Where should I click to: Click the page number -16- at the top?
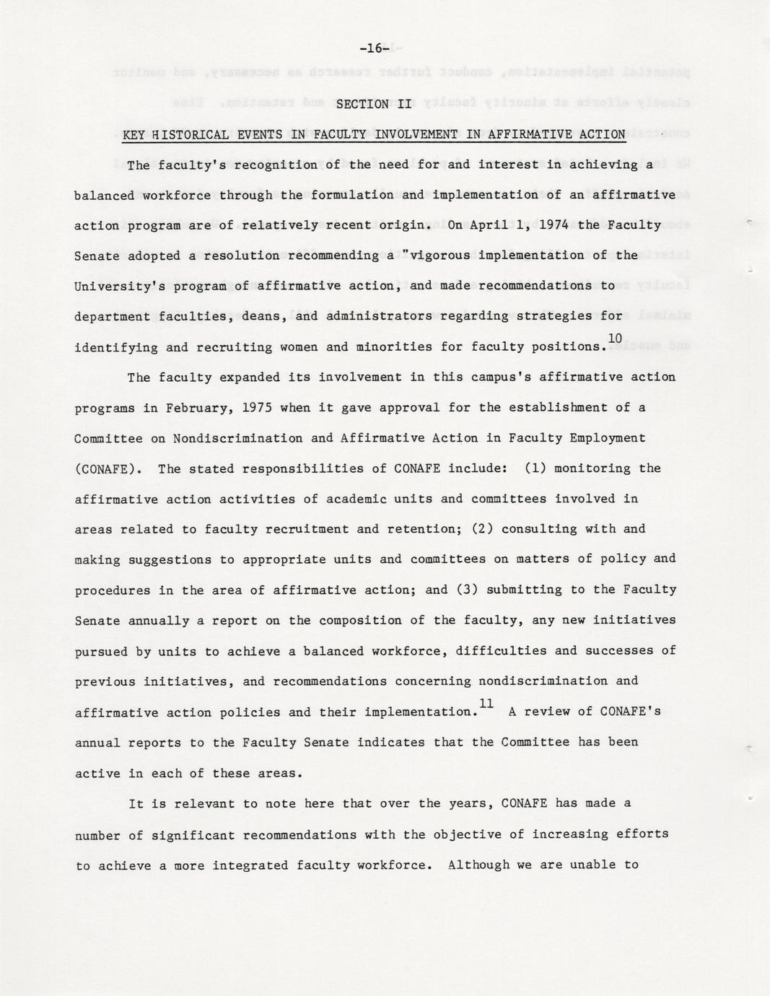[374, 48]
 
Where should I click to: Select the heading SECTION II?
[373, 104]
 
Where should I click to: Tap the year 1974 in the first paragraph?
[553, 224]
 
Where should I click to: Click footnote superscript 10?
[615, 338]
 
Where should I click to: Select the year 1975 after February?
[257, 407]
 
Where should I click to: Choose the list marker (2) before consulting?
[482, 528]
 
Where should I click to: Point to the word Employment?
[608, 438]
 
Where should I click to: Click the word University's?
[115, 286]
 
